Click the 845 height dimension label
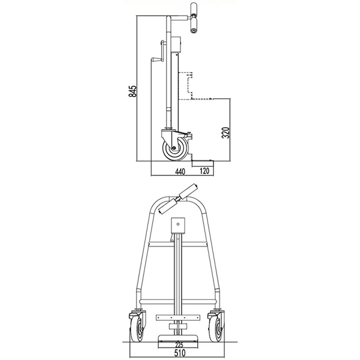point(132,91)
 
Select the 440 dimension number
point(180,171)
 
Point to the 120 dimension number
point(205,171)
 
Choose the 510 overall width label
point(180,353)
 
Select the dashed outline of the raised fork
point(186,85)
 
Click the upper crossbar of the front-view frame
point(179,245)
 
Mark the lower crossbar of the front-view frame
point(179,299)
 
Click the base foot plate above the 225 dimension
point(179,337)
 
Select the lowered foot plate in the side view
point(202,160)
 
